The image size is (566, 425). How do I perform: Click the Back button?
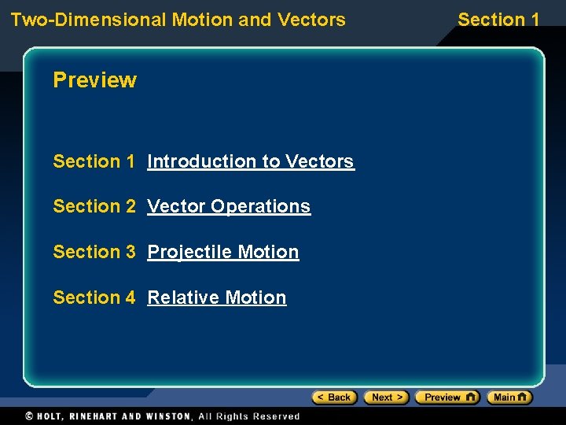tap(334, 397)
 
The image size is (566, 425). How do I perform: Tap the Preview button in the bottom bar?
tap(447, 397)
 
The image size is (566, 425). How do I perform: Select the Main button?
tap(509, 397)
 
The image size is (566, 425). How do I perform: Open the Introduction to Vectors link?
tap(251, 161)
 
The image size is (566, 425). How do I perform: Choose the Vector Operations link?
tap(229, 206)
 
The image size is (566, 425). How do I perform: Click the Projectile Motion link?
tap(223, 252)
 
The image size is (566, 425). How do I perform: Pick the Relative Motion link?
tap(217, 297)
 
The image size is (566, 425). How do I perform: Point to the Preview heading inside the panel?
tap(94, 80)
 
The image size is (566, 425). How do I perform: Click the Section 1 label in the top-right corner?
tap(498, 19)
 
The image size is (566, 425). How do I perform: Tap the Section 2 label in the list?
tap(94, 206)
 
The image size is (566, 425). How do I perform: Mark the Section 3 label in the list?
tap(94, 252)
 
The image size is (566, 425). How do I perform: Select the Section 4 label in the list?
tap(94, 297)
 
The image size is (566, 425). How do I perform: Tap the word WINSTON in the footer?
tap(167, 416)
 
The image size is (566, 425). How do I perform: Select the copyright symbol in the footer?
tap(29, 416)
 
